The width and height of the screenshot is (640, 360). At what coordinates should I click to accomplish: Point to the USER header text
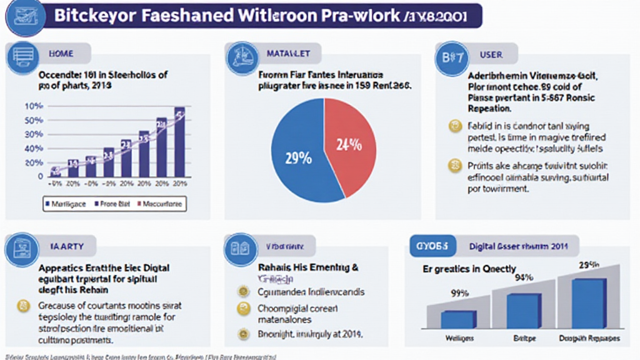pyautogui.click(x=491, y=54)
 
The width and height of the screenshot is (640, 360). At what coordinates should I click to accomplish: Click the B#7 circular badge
pyautogui.click(x=451, y=57)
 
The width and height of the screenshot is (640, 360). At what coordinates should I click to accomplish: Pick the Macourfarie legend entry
pyautogui.click(x=161, y=204)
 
